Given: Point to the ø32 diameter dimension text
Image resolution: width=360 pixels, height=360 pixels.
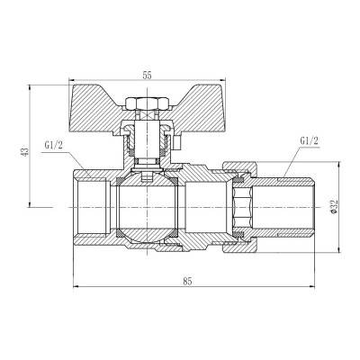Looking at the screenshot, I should point(334,206).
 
